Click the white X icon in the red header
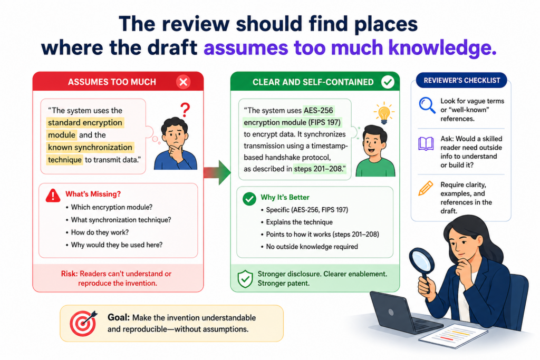[x=183, y=82]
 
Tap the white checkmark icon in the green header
[x=388, y=82]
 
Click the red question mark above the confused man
[x=185, y=110]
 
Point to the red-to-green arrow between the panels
[x=217, y=172]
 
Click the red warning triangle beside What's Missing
[x=53, y=195]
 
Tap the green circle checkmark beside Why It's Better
[x=249, y=199]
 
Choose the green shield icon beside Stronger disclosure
[x=245, y=278]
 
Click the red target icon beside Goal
[x=83, y=323]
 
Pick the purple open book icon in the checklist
[x=426, y=144]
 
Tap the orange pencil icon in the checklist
[x=426, y=188]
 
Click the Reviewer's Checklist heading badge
[x=461, y=81]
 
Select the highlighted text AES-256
[x=319, y=111]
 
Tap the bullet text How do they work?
[x=100, y=232]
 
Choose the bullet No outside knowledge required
[x=312, y=247]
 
